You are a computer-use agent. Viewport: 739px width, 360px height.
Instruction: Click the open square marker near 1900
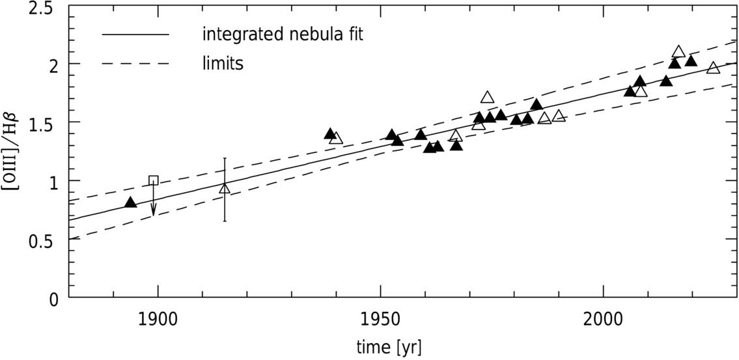(153, 180)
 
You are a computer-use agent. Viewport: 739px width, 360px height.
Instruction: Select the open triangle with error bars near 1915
(225, 189)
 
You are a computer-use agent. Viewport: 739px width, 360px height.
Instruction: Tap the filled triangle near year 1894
(130, 202)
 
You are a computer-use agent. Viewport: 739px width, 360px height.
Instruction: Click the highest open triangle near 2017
(678, 51)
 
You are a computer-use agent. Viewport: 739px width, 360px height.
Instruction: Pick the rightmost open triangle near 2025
(714, 68)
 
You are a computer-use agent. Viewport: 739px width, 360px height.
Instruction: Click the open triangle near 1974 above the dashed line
(487, 98)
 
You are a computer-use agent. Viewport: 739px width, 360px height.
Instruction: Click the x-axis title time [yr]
(389, 347)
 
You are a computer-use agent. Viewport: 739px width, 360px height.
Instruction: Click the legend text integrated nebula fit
(283, 35)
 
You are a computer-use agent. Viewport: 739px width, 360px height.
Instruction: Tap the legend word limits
(223, 63)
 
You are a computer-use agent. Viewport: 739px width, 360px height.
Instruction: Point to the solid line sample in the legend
(135, 35)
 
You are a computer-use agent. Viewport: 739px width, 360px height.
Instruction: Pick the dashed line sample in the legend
(135, 63)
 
